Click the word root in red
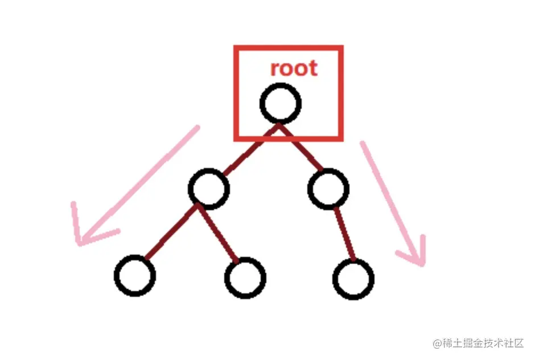click(x=293, y=68)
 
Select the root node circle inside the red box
click(x=280, y=103)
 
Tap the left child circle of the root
click(x=209, y=189)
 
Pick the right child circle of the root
click(x=328, y=189)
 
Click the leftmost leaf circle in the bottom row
click(x=135, y=276)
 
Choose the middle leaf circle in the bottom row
click(x=245, y=277)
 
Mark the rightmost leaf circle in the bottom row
click(x=353, y=278)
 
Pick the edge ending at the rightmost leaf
click(x=345, y=234)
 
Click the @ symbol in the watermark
click(x=437, y=343)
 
